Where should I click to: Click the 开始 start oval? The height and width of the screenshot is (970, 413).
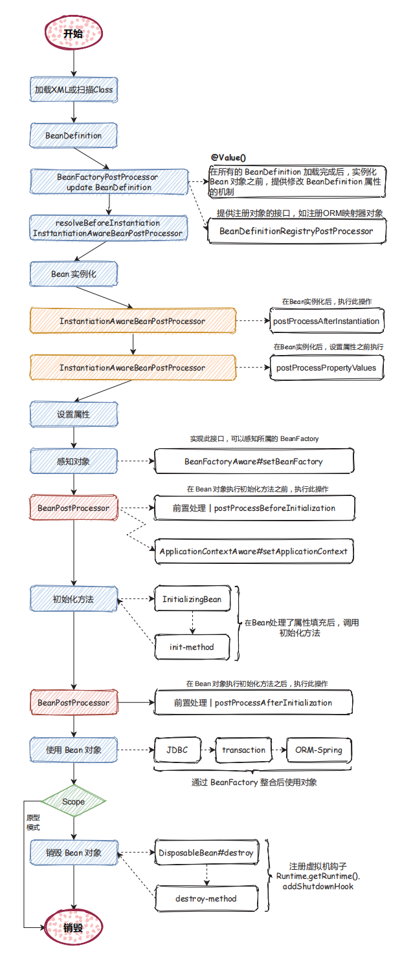coord(74,33)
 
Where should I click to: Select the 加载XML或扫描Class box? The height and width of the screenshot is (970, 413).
coord(74,90)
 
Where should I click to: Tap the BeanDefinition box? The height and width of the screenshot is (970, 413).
coord(74,136)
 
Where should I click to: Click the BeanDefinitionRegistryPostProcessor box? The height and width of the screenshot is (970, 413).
coord(296,232)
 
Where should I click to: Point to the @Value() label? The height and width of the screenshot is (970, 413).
coord(229,158)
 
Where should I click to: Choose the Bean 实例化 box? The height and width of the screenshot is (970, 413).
coord(74,274)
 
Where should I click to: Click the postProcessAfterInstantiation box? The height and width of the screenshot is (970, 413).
coord(326,321)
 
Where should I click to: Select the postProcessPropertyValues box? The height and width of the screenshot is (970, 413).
coord(326,368)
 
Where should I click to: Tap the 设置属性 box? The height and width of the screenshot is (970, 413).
coord(74,415)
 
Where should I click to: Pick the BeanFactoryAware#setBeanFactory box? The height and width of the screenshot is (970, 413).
coord(254,461)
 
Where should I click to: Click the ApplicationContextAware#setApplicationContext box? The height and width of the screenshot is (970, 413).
coord(254,551)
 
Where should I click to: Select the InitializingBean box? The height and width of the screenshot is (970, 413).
coord(192,599)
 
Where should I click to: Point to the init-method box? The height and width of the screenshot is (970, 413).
coord(192,647)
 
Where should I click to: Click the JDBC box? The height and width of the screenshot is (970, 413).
coord(177,750)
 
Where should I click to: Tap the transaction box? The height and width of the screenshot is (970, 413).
coord(243,750)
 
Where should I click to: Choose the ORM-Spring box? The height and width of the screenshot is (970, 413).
coord(319,750)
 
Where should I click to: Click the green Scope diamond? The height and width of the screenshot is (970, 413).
coord(74,801)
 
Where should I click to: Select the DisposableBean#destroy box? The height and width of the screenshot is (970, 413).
coord(206,852)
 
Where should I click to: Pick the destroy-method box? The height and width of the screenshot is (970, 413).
coord(206,899)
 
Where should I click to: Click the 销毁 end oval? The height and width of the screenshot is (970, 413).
coord(74,927)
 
